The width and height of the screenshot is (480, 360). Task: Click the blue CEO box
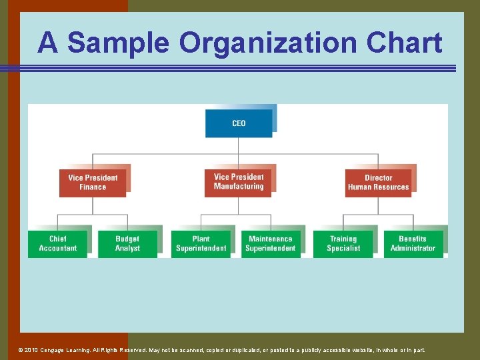(239, 123)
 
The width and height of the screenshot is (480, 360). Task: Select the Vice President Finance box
(93, 182)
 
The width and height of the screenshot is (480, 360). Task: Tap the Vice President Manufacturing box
(239, 182)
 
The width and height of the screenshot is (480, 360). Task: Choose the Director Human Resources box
(378, 182)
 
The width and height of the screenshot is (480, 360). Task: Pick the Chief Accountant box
(57, 243)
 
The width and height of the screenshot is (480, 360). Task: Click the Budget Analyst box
(127, 243)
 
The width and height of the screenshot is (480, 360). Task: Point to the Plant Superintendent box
(201, 243)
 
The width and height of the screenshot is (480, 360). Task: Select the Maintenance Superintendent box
(270, 243)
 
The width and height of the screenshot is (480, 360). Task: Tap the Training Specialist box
(343, 243)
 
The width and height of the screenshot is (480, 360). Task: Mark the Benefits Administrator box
(413, 243)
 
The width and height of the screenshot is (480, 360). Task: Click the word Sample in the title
(119, 43)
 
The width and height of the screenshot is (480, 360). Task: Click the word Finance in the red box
(93, 187)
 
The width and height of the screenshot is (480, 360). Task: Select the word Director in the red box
(379, 178)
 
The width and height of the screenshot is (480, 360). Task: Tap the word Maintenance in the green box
(270, 239)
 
